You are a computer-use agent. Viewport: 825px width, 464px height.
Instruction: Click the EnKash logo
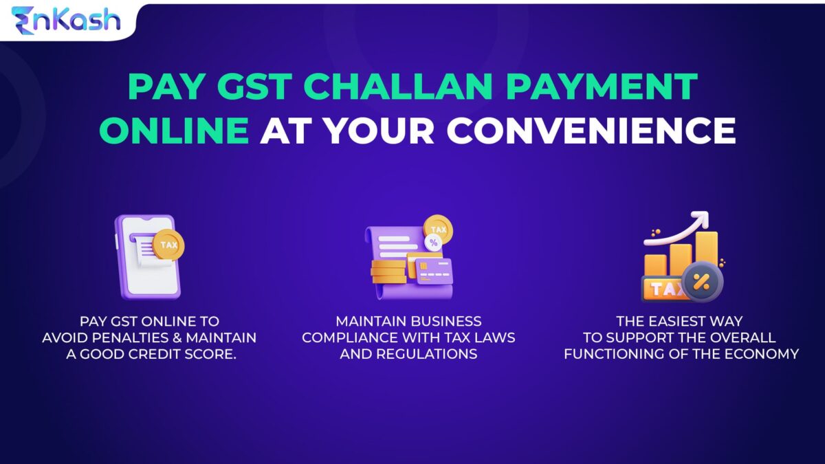click(x=65, y=19)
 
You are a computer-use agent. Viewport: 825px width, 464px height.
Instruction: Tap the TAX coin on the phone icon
click(x=167, y=245)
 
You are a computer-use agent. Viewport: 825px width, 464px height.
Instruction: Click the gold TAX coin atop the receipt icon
click(x=437, y=228)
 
